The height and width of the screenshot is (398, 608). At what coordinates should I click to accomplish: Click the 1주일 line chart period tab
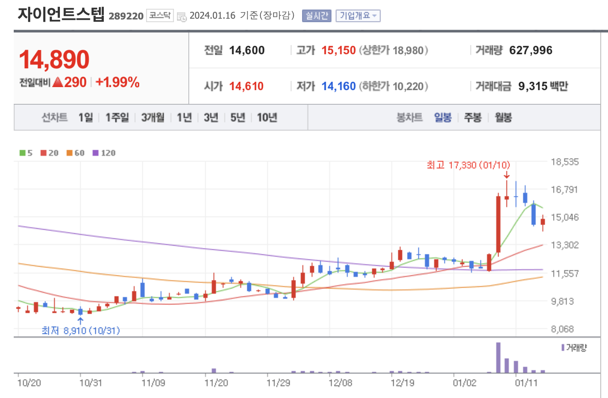(x=117, y=117)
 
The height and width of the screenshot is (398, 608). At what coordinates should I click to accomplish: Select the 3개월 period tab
(x=153, y=117)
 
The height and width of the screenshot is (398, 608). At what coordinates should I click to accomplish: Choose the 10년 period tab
(x=267, y=117)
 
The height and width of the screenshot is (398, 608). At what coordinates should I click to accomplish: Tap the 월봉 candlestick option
(x=503, y=117)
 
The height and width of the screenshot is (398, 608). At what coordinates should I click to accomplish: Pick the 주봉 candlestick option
(x=473, y=117)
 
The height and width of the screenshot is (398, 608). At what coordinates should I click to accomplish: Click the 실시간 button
(x=317, y=16)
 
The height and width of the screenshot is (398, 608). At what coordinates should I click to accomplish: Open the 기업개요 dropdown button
(x=358, y=16)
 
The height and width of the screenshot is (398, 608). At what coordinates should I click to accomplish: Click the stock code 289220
(x=126, y=16)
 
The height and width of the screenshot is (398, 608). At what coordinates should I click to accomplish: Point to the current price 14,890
(x=54, y=60)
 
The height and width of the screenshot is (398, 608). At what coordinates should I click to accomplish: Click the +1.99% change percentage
(x=117, y=82)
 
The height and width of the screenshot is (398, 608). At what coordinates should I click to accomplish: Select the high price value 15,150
(x=338, y=50)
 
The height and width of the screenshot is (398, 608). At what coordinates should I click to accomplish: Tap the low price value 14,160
(x=338, y=86)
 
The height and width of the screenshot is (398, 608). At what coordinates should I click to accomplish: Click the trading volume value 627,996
(x=531, y=50)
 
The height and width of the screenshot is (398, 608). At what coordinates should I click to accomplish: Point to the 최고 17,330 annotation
(x=468, y=165)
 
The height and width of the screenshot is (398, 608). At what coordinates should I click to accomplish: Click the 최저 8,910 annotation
(x=80, y=330)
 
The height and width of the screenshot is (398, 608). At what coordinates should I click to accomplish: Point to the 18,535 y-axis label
(x=565, y=162)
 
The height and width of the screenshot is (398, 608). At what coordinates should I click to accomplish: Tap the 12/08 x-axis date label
(x=340, y=383)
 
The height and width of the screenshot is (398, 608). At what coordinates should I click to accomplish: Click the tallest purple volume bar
(x=498, y=358)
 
